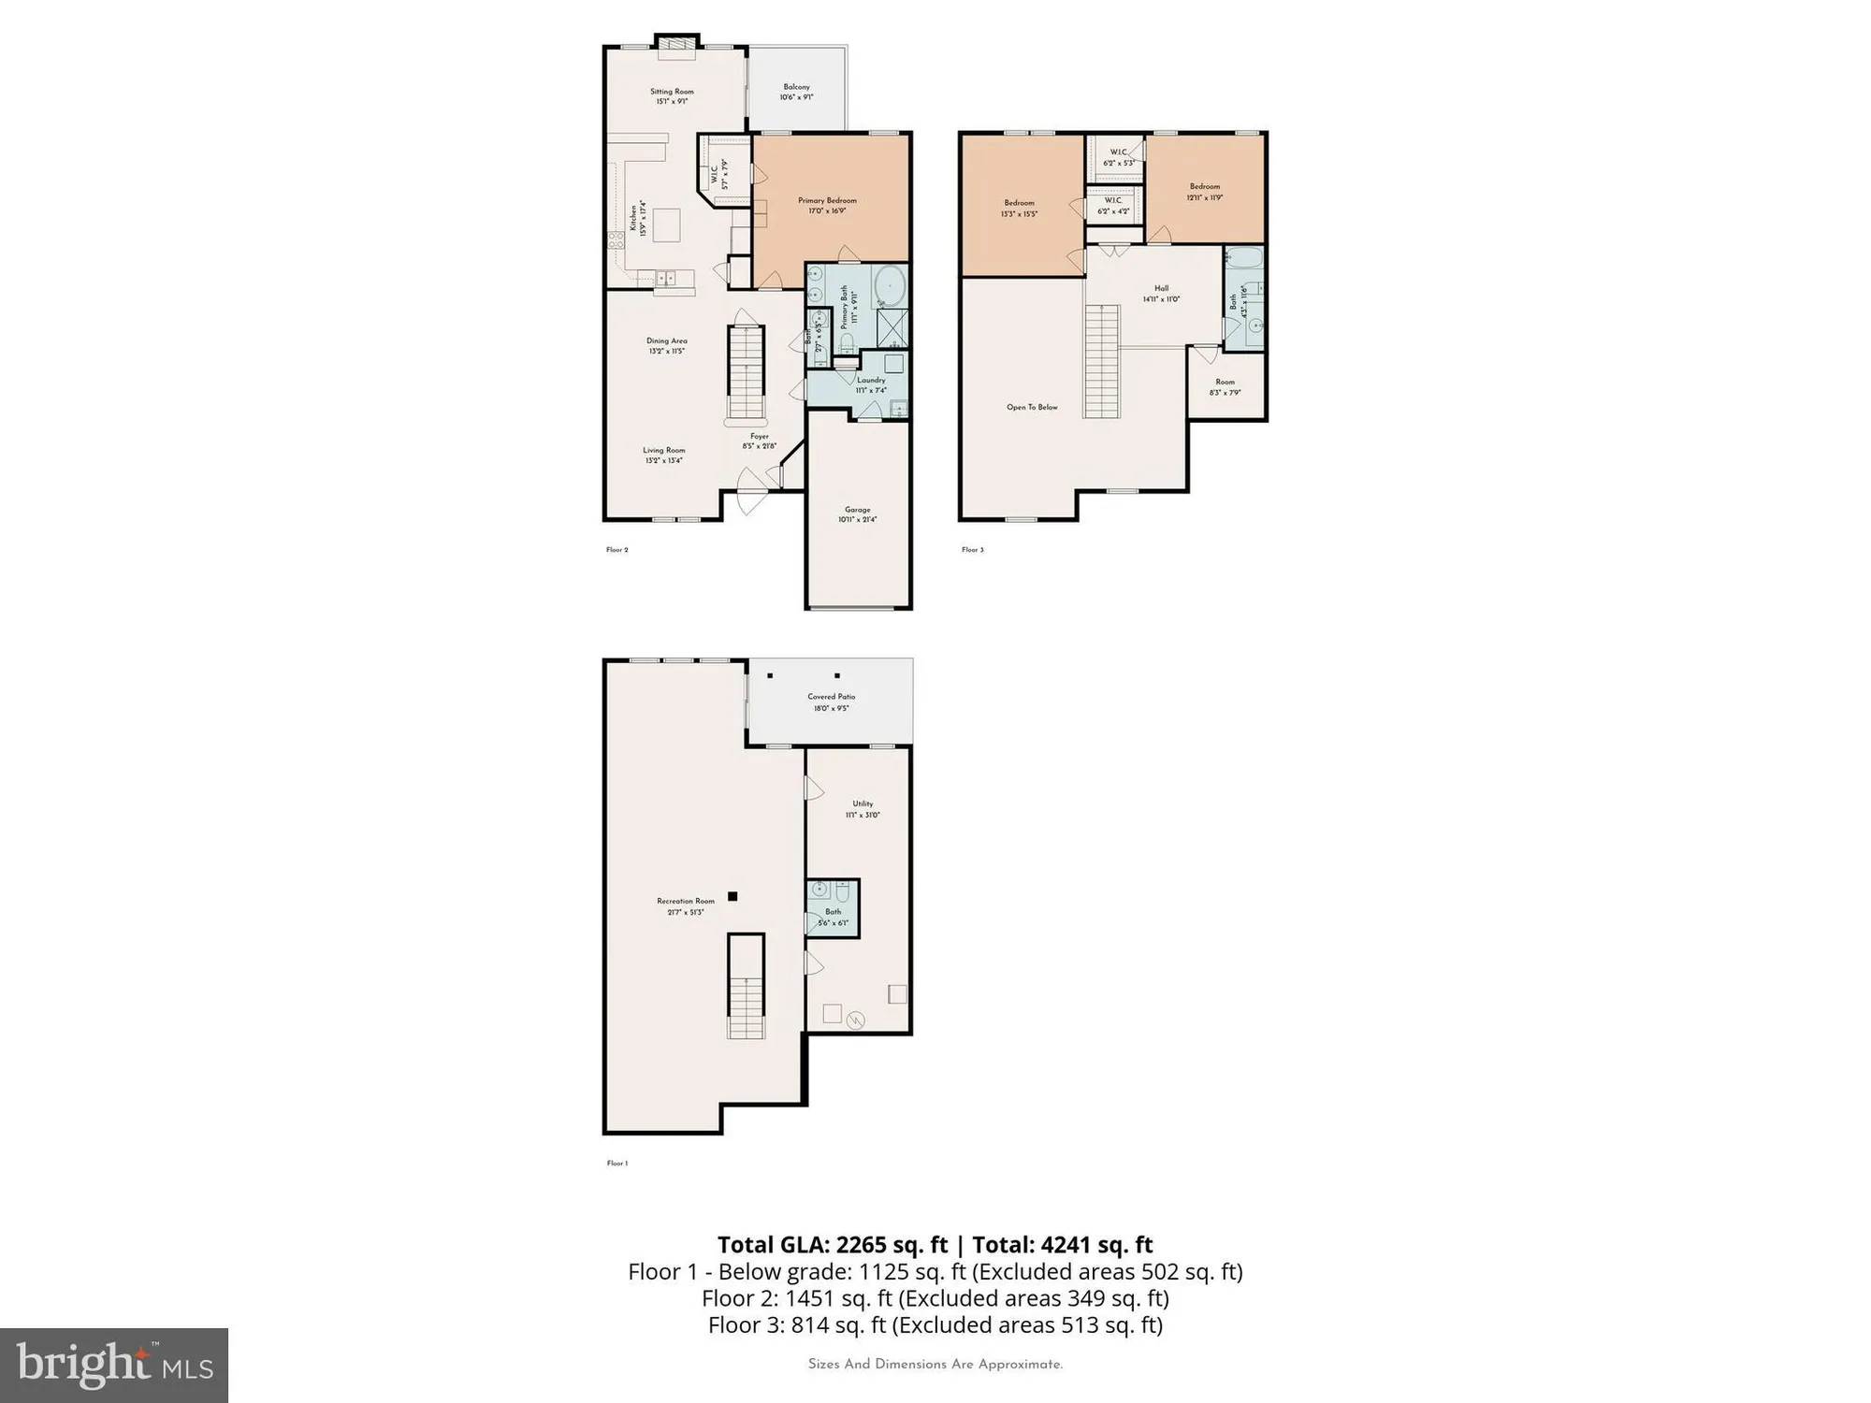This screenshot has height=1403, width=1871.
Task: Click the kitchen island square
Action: pyautogui.click(x=667, y=225)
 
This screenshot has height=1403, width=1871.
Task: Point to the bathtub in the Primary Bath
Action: pyautogui.click(x=890, y=286)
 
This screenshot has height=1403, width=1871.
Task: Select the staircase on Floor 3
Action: pyautogui.click(x=1102, y=361)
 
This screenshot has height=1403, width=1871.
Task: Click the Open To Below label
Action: pyautogui.click(x=1032, y=408)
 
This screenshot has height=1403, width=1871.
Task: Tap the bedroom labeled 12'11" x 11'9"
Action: pyautogui.click(x=1205, y=192)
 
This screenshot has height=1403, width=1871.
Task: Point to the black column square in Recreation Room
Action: pyautogui.click(x=733, y=896)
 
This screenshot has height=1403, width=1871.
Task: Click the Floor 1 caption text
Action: pyautogui.click(x=617, y=1164)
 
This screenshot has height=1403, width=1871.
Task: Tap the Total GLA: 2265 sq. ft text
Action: pyautogui.click(x=833, y=1245)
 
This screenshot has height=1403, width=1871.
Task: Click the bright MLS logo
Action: pyautogui.click(x=114, y=1365)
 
